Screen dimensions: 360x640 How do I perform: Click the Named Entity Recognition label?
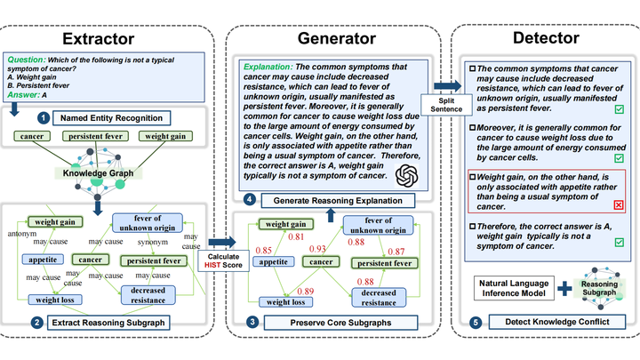(112, 117)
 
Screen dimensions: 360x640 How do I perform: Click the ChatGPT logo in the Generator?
(404, 174)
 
